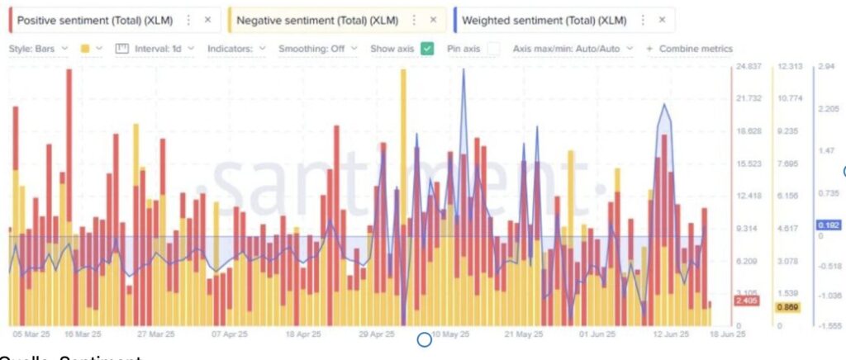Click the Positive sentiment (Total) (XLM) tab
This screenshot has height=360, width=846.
[95, 19]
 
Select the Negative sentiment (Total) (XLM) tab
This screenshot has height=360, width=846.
[316, 19]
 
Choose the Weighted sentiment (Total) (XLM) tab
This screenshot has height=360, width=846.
[544, 19]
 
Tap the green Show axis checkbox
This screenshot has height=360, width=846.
[427, 49]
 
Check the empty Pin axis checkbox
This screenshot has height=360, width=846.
[493, 49]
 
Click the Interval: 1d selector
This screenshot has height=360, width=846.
[157, 49]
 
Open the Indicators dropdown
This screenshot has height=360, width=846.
[236, 49]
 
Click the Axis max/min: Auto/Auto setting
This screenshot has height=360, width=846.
[573, 49]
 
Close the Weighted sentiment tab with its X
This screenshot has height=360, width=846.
[662, 19]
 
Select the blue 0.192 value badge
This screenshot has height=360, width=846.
[828, 225]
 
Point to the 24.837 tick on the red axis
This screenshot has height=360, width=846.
[748, 67]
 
